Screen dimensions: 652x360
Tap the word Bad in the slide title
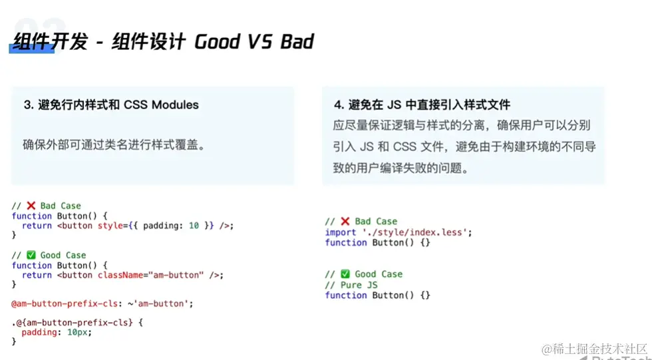[297, 41]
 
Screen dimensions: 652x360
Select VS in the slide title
[261, 41]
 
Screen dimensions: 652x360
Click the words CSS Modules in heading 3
[161, 104]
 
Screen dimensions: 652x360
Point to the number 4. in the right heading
[339, 104]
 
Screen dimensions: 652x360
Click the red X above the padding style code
[31, 206]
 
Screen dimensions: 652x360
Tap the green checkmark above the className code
[31, 255]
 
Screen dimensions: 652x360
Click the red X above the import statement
[345, 221]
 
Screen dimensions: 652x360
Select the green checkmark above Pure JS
[345, 274]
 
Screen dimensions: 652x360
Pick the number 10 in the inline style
[194, 226]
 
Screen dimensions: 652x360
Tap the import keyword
[341, 232]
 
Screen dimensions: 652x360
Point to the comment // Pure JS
[351, 285]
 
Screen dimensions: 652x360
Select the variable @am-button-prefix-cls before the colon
[65, 304]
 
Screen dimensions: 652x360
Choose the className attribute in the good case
[120, 275]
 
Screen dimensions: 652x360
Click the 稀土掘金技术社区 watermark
[595, 349]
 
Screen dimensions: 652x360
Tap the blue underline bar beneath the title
[32, 49]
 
